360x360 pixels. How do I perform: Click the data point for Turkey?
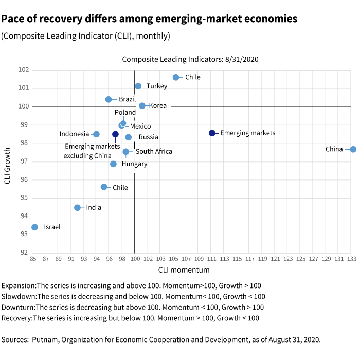pyautogui.click(x=138, y=86)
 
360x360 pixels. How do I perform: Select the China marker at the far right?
pyautogui.click(x=353, y=149)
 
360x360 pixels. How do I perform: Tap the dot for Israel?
pyautogui.click(x=34, y=227)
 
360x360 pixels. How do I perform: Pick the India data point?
pyautogui.click(x=78, y=208)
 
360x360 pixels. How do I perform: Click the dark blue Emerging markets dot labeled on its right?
pyautogui.click(x=212, y=133)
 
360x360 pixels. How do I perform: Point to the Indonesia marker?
pyautogui.click(x=96, y=134)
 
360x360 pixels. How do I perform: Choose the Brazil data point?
pyautogui.click(x=109, y=99)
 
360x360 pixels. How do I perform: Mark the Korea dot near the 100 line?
pyautogui.click(x=142, y=106)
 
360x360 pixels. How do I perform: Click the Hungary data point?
pyautogui.click(x=113, y=164)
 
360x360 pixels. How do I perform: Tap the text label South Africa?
pyautogui.click(x=154, y=152)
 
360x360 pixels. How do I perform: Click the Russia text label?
pyautogui.click(x=149, y=137)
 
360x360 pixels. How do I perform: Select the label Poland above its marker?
pyautogui.click(x=125, y=113)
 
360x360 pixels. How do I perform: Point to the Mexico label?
pyautogui.click(x=140, y=126)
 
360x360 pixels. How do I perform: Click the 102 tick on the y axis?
pyautogui.click(x=24, y=70)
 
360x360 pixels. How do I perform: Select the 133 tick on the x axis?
pyautogui.click(x=352, y=258)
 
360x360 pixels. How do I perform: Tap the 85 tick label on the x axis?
pyautogui.click(x=33, y=258)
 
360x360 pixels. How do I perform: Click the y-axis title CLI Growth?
pyautogui.click(x=8, y=161)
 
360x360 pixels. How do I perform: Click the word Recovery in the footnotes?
pyautogui.click(x=17, y=318)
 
